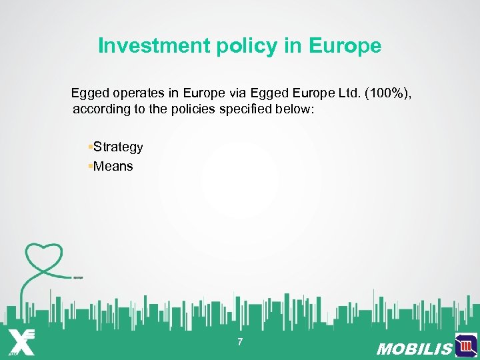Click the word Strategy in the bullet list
click(x=118, y=147)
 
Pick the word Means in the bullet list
click(x=113, y=166)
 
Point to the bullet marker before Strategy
click(x=90, y=147)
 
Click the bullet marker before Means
click(x=90, y=166)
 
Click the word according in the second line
click(x=101, y=109)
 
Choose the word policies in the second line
click(x=195, y=109)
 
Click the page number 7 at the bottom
click(x=240, y=343)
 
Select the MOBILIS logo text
click(x=414, y=349)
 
